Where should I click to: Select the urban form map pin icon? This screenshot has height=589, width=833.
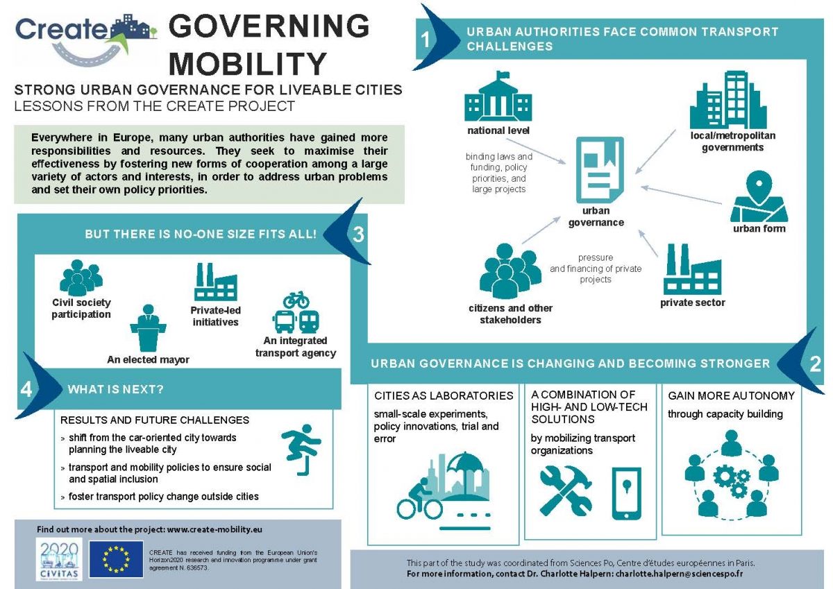click(759, 196)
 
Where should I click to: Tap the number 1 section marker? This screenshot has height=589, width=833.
click(426, 40)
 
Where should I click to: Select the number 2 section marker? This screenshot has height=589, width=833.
click(815, 364)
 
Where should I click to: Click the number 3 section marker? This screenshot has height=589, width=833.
click(358, 234)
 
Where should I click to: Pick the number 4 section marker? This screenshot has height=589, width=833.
click(26, 389)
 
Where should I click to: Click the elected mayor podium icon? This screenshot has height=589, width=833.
click(148, 329)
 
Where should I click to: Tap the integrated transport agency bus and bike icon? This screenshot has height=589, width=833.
click(296, 314)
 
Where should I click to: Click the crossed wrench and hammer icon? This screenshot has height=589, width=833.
click(566, 490)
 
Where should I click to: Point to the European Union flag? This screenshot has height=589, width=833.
click(115, 559)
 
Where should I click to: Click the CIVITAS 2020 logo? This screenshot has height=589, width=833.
click(59, 558)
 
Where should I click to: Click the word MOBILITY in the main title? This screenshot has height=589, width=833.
click(248, 63)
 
